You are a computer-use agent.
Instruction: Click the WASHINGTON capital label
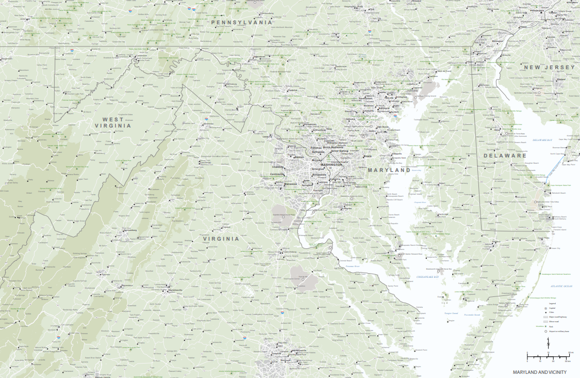tap(331, 164)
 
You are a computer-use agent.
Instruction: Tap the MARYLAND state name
tap(389, 170)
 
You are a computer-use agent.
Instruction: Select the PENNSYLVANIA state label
tap(241, 23)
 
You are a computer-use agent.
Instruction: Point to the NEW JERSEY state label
tap(549, 68)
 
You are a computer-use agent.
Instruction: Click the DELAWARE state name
tap(505, 155)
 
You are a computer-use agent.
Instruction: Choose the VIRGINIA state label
tap(221, 239)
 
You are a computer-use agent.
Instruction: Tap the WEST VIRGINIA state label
tap(113, 122)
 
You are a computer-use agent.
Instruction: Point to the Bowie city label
tap(368, 156)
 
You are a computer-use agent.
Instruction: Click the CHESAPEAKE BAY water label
tap(427, 277)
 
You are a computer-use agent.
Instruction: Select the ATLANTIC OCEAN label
tap(561, 286)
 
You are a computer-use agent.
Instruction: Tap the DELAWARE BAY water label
tap(543, 140)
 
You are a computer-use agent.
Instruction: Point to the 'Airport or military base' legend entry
tap(559, 331)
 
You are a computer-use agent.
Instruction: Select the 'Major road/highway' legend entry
tap(557, 317)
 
